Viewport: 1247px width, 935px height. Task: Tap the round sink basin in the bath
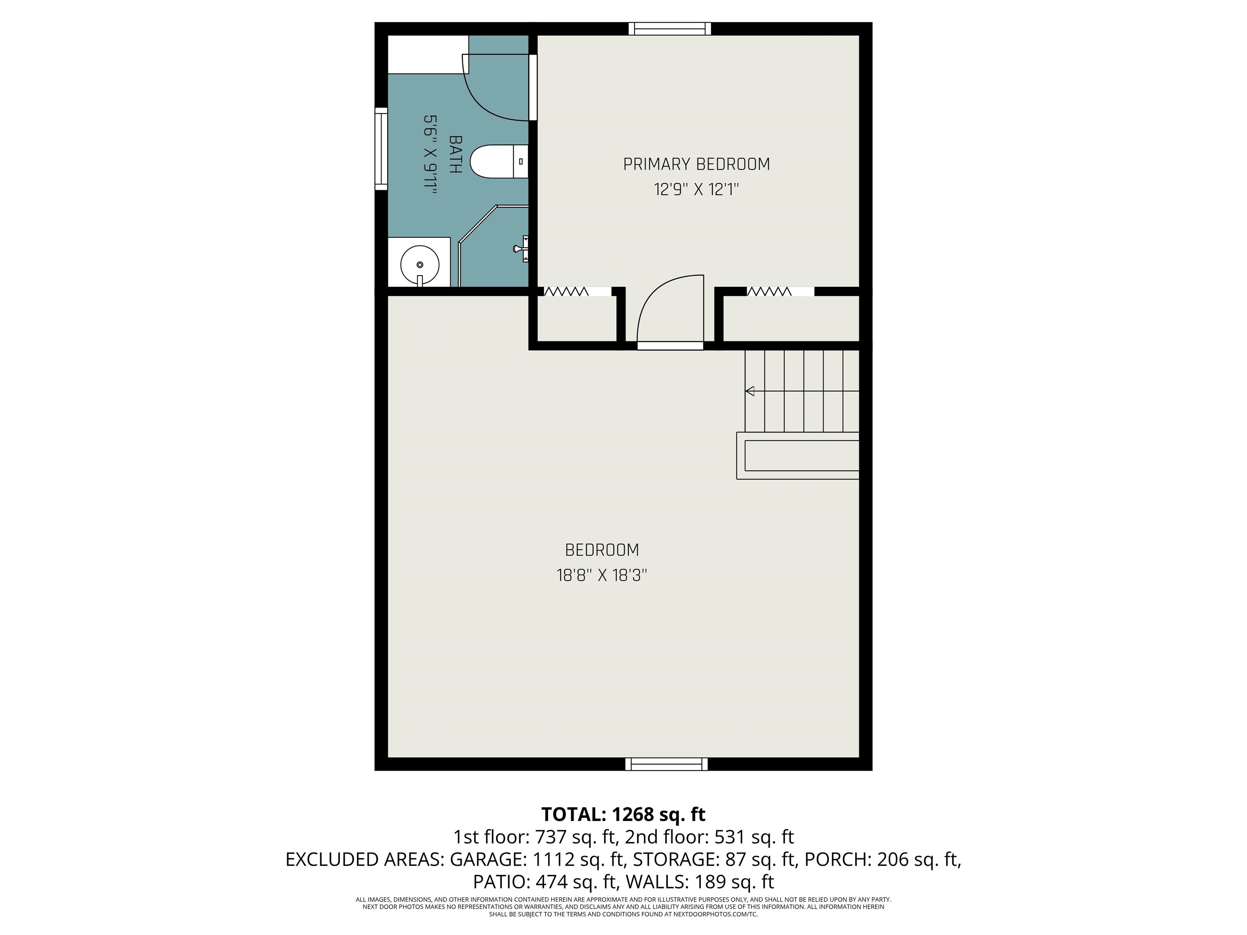[x=419, y=264]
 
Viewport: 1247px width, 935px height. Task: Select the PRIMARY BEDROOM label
[x=696, y=164]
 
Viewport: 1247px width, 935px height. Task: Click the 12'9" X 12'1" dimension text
[x=696, y=190]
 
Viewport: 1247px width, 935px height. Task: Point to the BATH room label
[x=455, y=154]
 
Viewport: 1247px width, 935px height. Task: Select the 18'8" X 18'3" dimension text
[x=602, y=575]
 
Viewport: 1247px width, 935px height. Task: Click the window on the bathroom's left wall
[x=382, y=149]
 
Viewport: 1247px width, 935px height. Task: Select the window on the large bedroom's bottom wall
[x=667, y=764]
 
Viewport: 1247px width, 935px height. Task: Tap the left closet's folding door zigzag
[x=565, y=291]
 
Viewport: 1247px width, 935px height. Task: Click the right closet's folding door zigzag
[x=769, y=291]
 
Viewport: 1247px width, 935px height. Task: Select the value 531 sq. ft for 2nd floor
[x=754, y=837]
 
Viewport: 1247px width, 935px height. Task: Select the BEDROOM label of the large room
[x=602, y=549]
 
